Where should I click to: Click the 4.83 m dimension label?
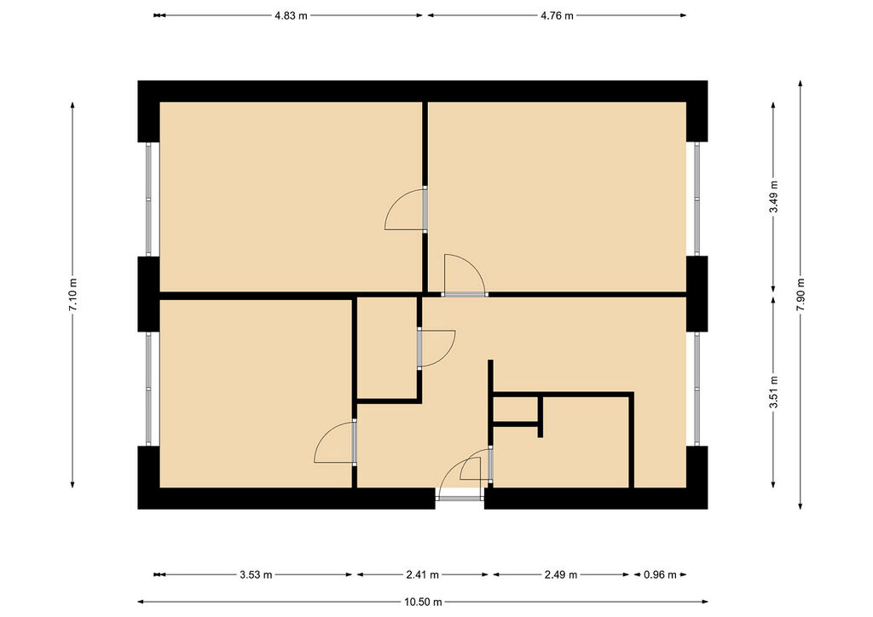pos(291,15)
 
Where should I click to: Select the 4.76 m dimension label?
pos(557,15)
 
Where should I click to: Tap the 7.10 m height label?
pos(73,294)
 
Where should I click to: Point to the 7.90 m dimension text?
pos(801,294)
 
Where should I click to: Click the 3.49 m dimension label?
pos(773,196)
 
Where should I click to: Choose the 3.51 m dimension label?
pos(773,392)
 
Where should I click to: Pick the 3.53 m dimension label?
pos(256,574)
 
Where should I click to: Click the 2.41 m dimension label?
pos(423,574)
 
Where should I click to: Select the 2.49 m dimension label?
pos(561,574)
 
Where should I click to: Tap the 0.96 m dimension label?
pos(660,574)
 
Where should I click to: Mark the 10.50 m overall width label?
pos(423,602)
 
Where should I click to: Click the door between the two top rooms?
pos(425,209)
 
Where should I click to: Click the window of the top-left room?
pos(148,199)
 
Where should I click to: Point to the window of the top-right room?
pos(697,199)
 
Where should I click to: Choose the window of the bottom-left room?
pos(148,389)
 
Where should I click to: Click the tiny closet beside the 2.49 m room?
pos(515,409)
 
